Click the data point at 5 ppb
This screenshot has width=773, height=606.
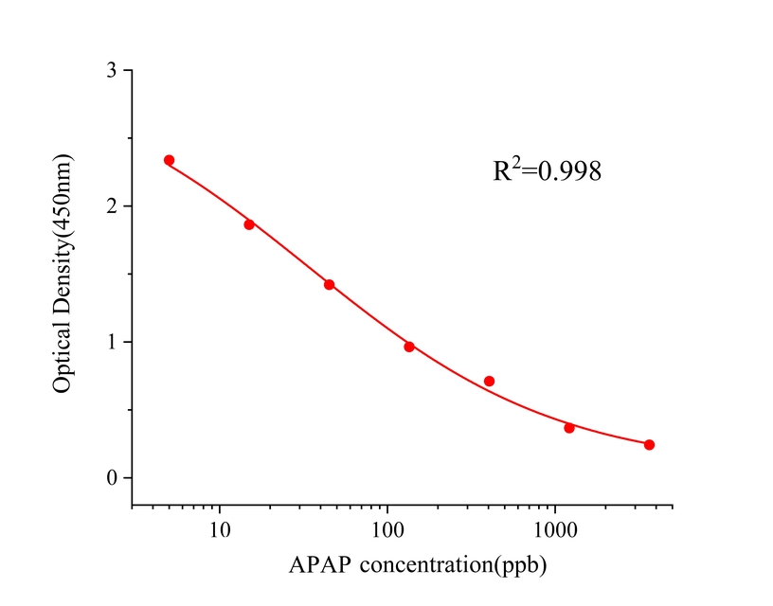click(x=169, y=160)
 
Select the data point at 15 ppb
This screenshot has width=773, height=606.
click(x=249, y=224)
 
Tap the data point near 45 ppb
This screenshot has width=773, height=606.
click(x=329, y=284)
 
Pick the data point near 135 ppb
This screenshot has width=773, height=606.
click(x=409, y=347)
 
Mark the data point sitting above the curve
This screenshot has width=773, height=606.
click(x=489, y=381)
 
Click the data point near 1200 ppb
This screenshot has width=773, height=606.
click(x=569, y=428)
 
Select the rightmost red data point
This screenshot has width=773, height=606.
click(x=649, y=445)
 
